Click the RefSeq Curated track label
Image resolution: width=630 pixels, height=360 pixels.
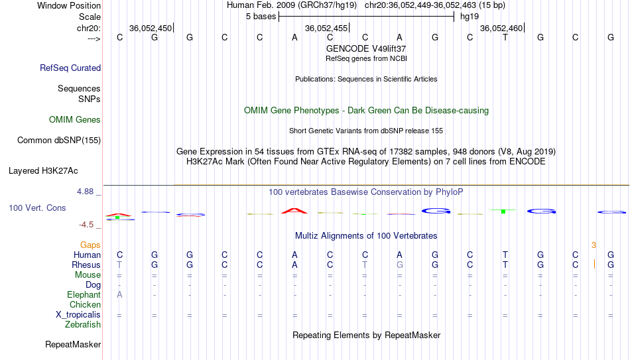tap(70, 68)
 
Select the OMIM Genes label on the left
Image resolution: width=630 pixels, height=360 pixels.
tap(75, 120)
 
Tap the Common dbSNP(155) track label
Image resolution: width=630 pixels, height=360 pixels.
tap(59, 141)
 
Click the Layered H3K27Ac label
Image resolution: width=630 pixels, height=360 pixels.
tap(43, 171)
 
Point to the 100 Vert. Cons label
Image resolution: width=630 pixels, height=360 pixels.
tap(37, 208)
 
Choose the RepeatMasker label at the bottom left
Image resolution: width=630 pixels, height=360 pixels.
tap(73, 344)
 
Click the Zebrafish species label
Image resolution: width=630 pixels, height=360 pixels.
tap(83, 324)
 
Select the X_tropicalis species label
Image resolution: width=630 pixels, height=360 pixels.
tap(78, 315)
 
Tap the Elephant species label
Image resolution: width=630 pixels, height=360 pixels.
tap(84, 294)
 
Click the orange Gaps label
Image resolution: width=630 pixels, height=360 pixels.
tap(90, 245)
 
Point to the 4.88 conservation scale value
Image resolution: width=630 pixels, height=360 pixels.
tap(86, 192)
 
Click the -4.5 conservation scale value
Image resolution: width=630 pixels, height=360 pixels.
tap(86, 225)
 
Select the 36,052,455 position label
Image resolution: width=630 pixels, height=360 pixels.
tap(326, 28)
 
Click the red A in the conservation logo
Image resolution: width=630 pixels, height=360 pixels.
tap(294, 211)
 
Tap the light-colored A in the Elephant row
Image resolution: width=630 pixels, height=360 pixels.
tap(119, 294)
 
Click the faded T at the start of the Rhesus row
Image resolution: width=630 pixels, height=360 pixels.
tap(119, 265)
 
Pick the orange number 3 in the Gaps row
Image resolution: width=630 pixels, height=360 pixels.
tap(594, 245)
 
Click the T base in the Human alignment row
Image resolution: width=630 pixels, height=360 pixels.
tap(505, 255)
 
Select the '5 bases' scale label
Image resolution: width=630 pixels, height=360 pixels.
tap(261, 17)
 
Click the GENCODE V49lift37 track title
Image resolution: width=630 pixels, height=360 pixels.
tap(366, 48)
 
